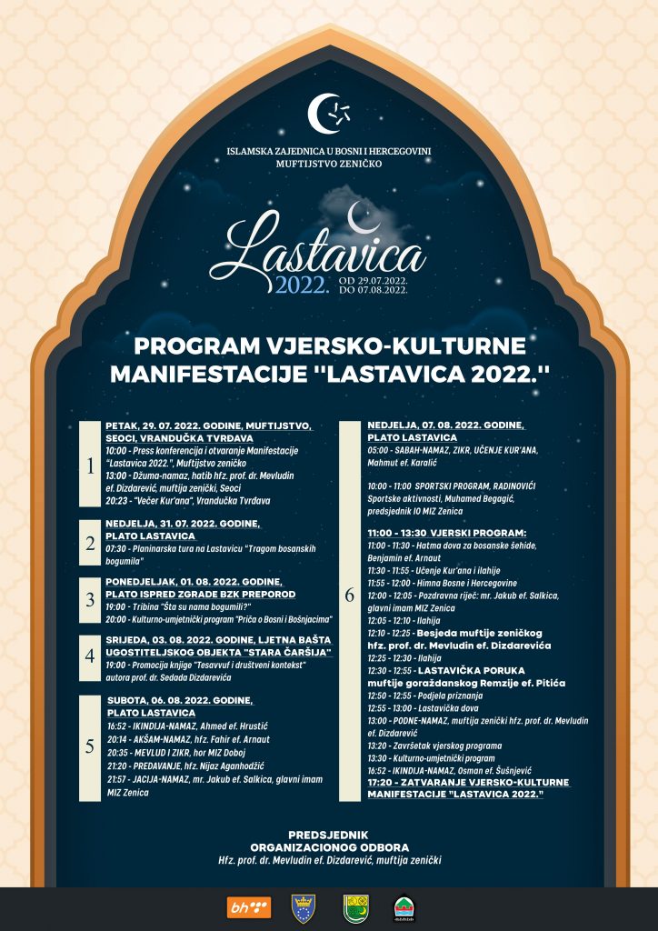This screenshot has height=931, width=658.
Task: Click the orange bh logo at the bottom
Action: point(248,907)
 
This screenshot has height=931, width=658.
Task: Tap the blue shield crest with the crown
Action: point(303,907)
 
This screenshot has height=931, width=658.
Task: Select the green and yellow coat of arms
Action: point(355,907)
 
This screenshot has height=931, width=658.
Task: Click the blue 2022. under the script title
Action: point(302,285)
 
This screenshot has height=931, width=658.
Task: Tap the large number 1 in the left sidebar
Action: point(90,466)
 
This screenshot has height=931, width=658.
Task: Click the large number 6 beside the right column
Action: point(350,596)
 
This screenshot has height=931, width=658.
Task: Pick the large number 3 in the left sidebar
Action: point(90,600)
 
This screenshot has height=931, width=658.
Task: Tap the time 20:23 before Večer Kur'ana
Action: point(117,500)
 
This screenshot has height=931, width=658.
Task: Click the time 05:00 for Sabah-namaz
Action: point(379,450)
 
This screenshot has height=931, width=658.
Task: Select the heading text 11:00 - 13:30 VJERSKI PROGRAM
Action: point(446,533)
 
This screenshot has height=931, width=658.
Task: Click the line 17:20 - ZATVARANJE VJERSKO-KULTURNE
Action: point(468,782)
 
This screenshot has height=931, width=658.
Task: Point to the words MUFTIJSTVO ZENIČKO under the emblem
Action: point(330,164)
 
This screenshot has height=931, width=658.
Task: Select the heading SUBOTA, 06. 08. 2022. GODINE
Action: point(179,700)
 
